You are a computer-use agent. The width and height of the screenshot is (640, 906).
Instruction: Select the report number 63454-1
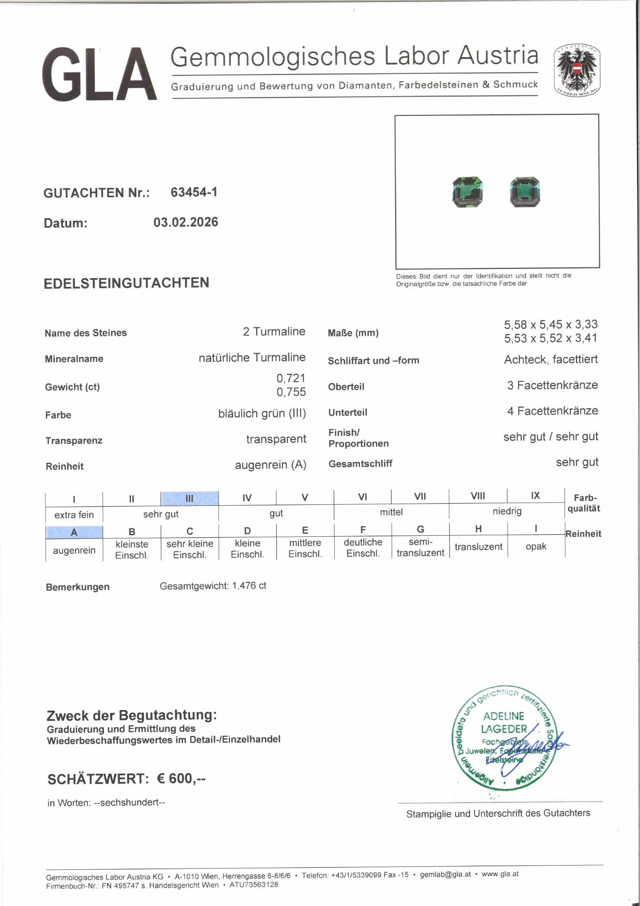pos(194,192)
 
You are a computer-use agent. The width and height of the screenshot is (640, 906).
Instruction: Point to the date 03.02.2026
pos(185,222)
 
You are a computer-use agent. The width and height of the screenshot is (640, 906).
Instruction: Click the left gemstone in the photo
pos(468,191)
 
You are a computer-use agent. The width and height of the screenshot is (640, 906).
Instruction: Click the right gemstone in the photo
pos(524,192)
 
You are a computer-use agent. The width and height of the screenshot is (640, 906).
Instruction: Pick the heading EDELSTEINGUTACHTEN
pos(127,283)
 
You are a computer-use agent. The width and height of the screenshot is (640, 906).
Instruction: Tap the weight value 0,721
pos(291,378)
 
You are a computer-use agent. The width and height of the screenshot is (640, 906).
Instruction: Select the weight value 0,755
pos(291,392)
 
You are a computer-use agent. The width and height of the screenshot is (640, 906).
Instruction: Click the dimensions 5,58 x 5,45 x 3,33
pos(551,325)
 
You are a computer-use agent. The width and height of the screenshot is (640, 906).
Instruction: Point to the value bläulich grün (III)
pos(262,414)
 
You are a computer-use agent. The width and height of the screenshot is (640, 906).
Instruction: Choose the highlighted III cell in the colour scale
pos(190,498)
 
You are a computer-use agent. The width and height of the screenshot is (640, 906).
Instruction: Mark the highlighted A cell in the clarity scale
pos(74,532)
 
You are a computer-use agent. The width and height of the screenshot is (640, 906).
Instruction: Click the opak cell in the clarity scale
pos(536,547)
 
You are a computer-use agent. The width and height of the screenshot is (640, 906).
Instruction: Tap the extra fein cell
pos(74,515)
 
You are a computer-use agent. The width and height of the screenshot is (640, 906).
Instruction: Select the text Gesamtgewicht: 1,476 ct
pos(213,586)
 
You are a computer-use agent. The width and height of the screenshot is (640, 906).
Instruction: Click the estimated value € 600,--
pos(181,779)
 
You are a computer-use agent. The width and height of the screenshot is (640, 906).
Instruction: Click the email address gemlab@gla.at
pos(445,874)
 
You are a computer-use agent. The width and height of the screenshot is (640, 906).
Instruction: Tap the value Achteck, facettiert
pos(551,359)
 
